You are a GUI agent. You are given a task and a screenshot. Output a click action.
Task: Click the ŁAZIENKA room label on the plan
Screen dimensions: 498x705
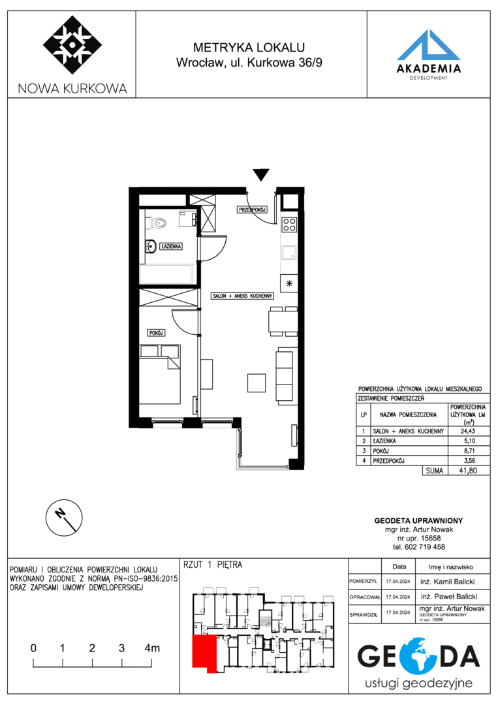click(171, 246)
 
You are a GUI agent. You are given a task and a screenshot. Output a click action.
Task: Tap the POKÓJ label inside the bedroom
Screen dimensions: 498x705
click(156, 333)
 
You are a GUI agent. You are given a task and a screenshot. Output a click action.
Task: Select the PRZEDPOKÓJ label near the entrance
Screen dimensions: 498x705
click(253, 210)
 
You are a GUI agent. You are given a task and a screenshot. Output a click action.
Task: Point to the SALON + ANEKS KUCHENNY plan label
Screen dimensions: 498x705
click(243, 296)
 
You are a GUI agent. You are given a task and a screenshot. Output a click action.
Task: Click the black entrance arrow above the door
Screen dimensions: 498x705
click(260, 174)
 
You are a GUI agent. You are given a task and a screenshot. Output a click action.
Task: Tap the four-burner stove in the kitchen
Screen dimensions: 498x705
click(289, 224)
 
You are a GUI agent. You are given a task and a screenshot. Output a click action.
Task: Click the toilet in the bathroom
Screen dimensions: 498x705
click(159, 222)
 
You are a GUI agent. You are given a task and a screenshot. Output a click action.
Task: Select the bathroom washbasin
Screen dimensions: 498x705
click(150, 246)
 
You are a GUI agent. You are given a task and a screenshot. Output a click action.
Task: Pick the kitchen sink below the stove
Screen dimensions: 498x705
click(289, 253)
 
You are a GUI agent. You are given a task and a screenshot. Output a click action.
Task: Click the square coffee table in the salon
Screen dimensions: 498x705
click(257, 382)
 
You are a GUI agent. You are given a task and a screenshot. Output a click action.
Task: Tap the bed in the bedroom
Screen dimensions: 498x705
click(160, 374)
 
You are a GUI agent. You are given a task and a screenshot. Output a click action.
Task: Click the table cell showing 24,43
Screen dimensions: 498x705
click(468, 431)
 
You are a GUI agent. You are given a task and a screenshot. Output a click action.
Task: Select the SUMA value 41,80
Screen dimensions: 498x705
click(468, 471)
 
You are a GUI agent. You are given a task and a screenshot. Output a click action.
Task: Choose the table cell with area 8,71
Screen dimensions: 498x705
click(468, 450)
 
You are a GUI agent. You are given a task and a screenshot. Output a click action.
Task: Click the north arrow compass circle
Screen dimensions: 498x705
click(64, 517)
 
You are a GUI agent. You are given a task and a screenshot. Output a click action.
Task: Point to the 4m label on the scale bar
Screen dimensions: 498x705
click(152, 648)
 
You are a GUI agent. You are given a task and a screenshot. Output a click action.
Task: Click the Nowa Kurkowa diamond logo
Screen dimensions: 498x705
click(72, 45)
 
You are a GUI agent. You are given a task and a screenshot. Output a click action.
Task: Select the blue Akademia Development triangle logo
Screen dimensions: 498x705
click(429, 45)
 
